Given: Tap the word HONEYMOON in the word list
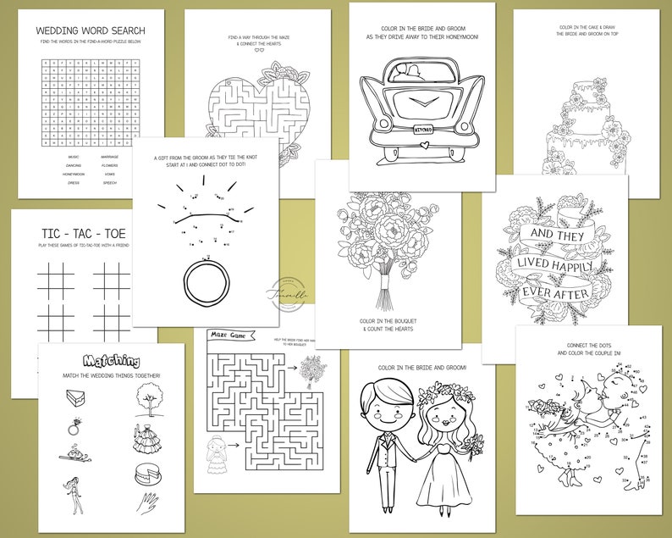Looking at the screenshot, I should [73, 174].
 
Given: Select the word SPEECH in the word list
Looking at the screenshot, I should [110, 182].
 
